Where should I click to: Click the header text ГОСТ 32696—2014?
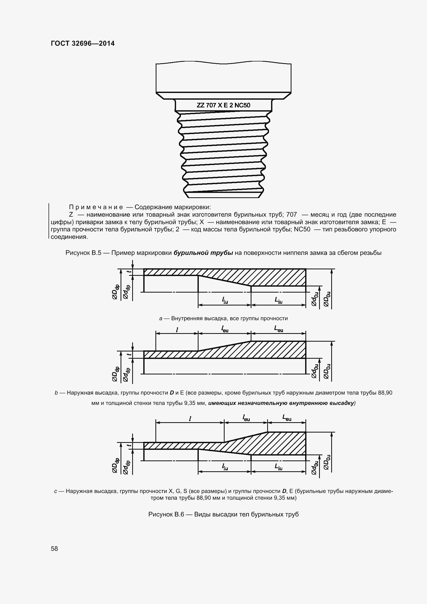(x=83, y=44)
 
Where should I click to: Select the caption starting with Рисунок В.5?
(x=223, y=253)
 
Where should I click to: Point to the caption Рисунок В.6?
(x=224, y=514)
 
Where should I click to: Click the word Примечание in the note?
(x=96, y=207)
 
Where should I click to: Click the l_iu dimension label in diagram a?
(x=225, y=300)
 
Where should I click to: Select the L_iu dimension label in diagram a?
(x=279, y=300)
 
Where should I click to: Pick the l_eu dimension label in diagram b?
(x=225, y=329)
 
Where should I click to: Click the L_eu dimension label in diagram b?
(x=279, y=329)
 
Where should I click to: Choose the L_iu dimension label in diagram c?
(x=279, y=467)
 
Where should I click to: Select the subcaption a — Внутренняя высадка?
(x=223, y=319)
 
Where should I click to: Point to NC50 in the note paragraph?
(x=302, y=229)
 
